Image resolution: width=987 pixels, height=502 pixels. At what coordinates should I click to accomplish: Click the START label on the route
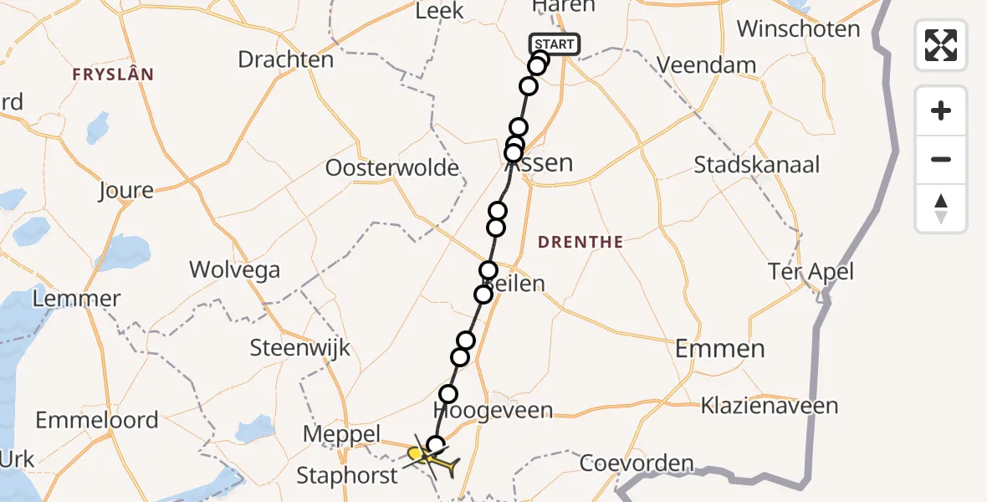554,44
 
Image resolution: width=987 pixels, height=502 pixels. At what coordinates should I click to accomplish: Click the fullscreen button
941,45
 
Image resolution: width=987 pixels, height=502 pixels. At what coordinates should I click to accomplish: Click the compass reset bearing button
941,208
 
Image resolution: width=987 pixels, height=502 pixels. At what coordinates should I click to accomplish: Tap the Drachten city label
285,59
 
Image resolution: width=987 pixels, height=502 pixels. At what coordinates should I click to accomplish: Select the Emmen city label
719,348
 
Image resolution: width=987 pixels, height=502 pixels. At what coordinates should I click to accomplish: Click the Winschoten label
798,29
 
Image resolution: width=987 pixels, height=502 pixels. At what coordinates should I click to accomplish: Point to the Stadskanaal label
756,164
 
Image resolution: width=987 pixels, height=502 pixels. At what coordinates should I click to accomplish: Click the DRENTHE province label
580,242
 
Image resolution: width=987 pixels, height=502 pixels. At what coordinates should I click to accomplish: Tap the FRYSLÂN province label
113,74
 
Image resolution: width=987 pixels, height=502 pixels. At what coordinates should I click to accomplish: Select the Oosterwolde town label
392,168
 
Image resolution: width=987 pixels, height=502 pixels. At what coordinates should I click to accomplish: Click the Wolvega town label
234,269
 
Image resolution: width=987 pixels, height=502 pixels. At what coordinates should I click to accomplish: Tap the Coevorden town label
637,463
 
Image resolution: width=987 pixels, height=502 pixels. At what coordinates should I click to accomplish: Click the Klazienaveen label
770,407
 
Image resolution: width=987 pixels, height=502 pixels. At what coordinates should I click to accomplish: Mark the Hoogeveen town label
493,410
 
